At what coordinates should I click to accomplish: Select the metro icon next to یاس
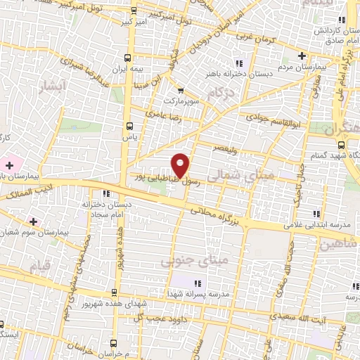coord(128,127)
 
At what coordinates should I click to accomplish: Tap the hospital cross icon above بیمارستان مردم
coord(302,56)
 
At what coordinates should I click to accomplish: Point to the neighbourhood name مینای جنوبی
coord(186,262)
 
